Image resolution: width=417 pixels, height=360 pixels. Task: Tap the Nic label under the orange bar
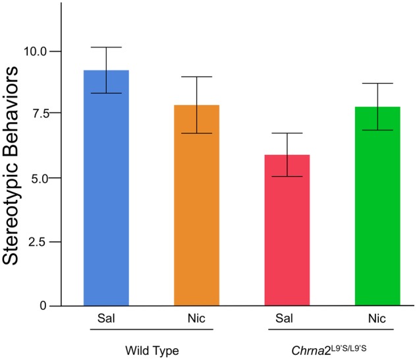pyautogui.click(x=196, y=319)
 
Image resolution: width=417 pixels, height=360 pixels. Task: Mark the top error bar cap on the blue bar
pyautogui.click(x=105, y=47)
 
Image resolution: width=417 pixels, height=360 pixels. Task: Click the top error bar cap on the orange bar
pyautogui.click(x=196, y=77)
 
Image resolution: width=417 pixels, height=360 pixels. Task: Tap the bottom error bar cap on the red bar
pyautogui.click(x=287, y=177)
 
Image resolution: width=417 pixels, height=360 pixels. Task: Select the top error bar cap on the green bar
pyautogui.click(x=377, y=84)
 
